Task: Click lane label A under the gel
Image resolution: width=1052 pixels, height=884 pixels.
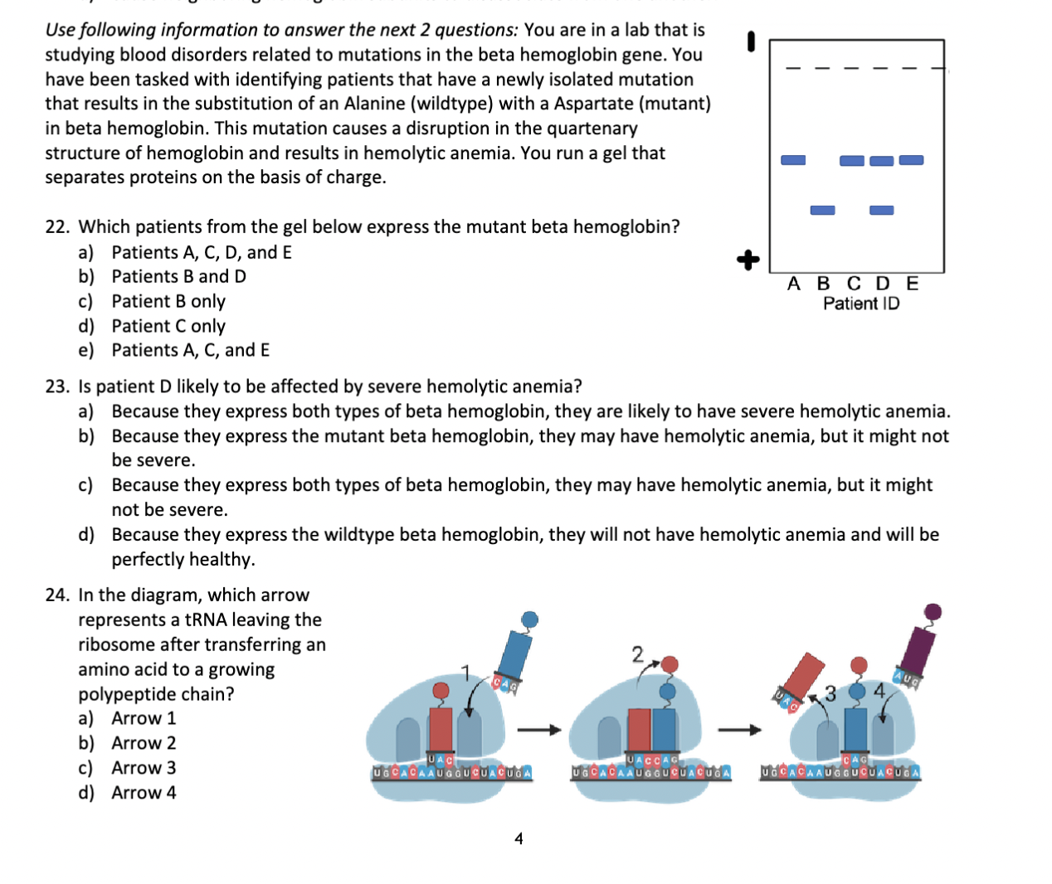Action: [794, 284]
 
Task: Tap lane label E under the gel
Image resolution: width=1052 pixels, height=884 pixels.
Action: [913, 284]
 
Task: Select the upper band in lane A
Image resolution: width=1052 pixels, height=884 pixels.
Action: [793, 159]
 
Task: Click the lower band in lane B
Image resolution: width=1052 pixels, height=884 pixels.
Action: [822, 210]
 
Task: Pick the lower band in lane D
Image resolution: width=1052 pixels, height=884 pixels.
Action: [881, 210]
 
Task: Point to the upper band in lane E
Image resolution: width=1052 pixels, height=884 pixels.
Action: [911, 159]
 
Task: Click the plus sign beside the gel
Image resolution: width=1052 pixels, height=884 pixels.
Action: [748, 260]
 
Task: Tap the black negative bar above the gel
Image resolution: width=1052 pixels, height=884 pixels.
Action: [751, 41]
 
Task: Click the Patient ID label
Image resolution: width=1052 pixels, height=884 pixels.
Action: [861, 304]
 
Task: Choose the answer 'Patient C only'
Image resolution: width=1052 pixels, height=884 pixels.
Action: [168, 326]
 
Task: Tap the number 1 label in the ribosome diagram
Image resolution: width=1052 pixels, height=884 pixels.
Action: [465, 671]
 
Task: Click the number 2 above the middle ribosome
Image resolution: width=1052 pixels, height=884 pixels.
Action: [637, 654]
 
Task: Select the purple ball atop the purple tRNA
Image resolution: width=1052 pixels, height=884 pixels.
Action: [933, 612]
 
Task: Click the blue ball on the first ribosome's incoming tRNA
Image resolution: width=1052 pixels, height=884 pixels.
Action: [529, 619]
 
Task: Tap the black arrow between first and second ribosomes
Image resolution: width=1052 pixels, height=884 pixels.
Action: [539, 730]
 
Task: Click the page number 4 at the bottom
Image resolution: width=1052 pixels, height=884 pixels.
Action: [519, 838]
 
